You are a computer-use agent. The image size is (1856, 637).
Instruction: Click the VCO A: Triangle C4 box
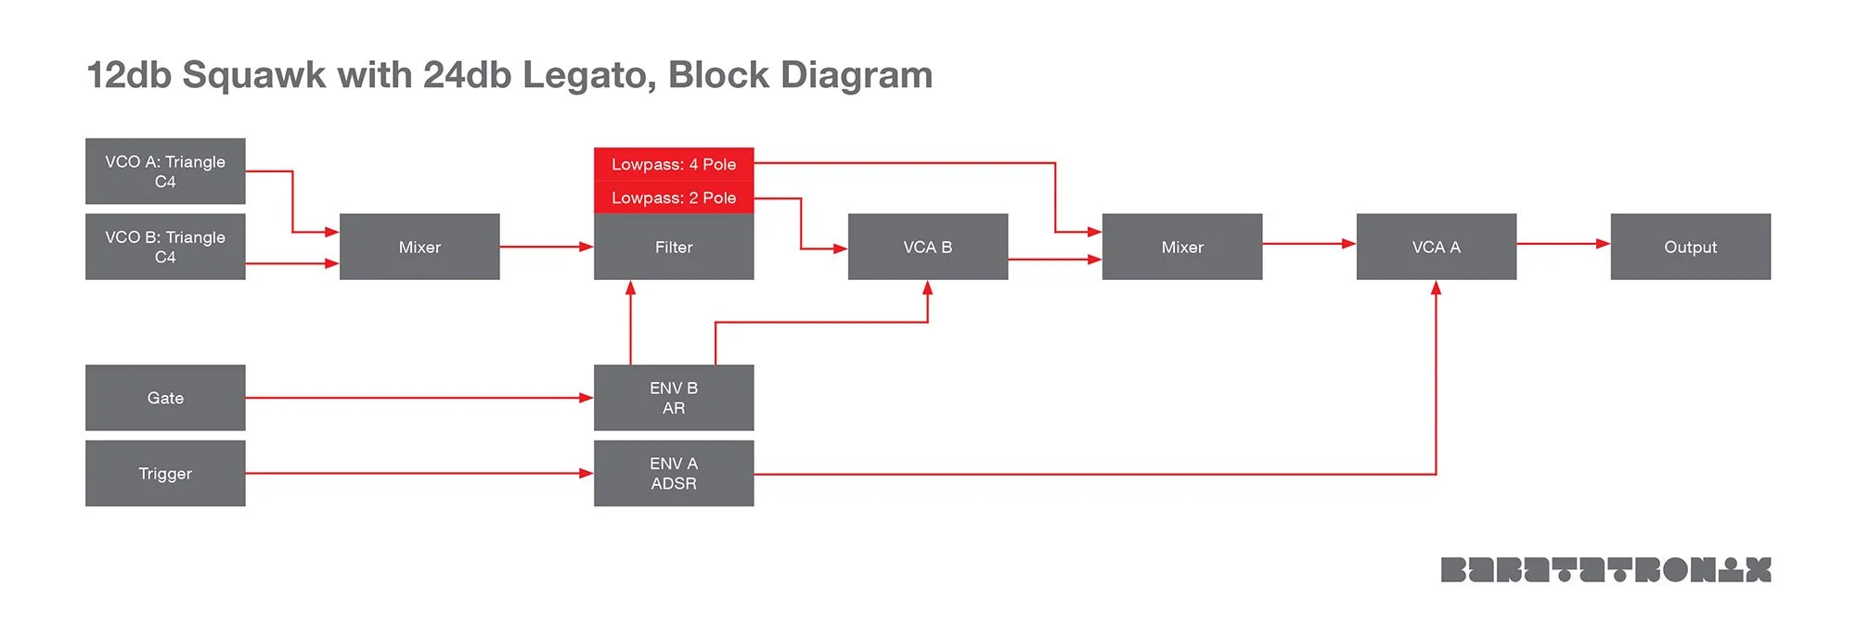(165, 172)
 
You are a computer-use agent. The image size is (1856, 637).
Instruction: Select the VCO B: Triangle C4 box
(165, 247)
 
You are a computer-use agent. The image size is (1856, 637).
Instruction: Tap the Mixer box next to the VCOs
(419, 247)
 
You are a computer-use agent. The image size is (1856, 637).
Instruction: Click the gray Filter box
(674, 247)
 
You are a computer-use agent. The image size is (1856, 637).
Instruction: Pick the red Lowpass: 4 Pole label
(674, 164)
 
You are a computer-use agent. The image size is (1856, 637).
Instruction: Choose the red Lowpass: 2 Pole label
(674, 197)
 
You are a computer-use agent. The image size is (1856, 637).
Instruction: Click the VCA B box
(928, 247)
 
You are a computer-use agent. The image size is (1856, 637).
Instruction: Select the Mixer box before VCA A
(1182, 247)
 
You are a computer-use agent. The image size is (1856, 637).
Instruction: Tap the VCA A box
(1437, 247)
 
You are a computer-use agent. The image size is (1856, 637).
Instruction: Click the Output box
(1691, 247)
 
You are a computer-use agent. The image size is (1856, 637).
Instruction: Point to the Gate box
(165, 398)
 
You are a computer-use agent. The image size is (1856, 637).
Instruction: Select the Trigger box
(165, 473)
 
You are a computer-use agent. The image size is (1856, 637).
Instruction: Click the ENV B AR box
(674, 398)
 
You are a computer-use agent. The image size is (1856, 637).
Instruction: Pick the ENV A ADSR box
(674, 473)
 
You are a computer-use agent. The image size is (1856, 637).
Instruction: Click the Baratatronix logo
(1605, 569)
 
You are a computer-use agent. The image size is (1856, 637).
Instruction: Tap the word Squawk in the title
(253, 75)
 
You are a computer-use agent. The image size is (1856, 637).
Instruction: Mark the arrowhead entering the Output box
(1603, 244)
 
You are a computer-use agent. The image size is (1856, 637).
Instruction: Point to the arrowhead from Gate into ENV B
(586, 398)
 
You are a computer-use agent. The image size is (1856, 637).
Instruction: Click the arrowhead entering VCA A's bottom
(1436, 288)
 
